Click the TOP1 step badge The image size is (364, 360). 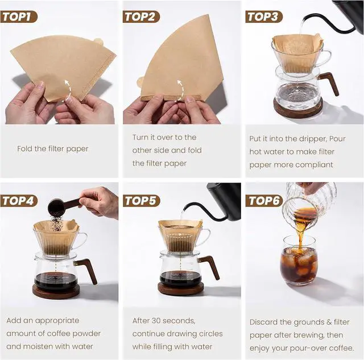19,16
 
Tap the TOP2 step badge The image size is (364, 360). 141,16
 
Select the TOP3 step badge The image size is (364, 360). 264,16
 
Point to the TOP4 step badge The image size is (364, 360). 19,201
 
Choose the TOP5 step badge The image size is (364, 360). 142,201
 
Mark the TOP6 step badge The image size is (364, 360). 264,201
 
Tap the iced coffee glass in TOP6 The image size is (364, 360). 298,260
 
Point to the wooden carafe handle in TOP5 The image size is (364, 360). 209,267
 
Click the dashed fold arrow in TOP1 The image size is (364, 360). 67,90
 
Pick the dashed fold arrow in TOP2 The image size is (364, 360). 180,90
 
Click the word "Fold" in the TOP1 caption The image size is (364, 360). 24,148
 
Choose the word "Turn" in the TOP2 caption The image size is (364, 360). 140,137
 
